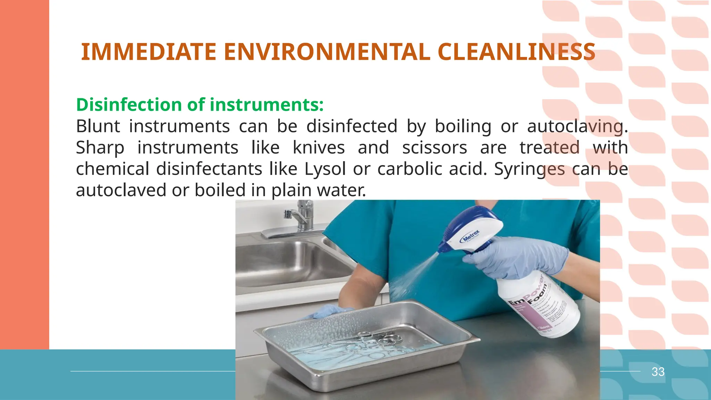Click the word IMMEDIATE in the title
(x=149, y=52)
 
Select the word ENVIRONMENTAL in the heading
(x=327, y=52)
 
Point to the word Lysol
(x=325, y=169)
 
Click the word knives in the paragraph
(x=319, y=148)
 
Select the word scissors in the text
(x=435, y=148)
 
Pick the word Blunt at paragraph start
(x=98, y=126)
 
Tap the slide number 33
(x=658, y=372)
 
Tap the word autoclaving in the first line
(x=575, y=126)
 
